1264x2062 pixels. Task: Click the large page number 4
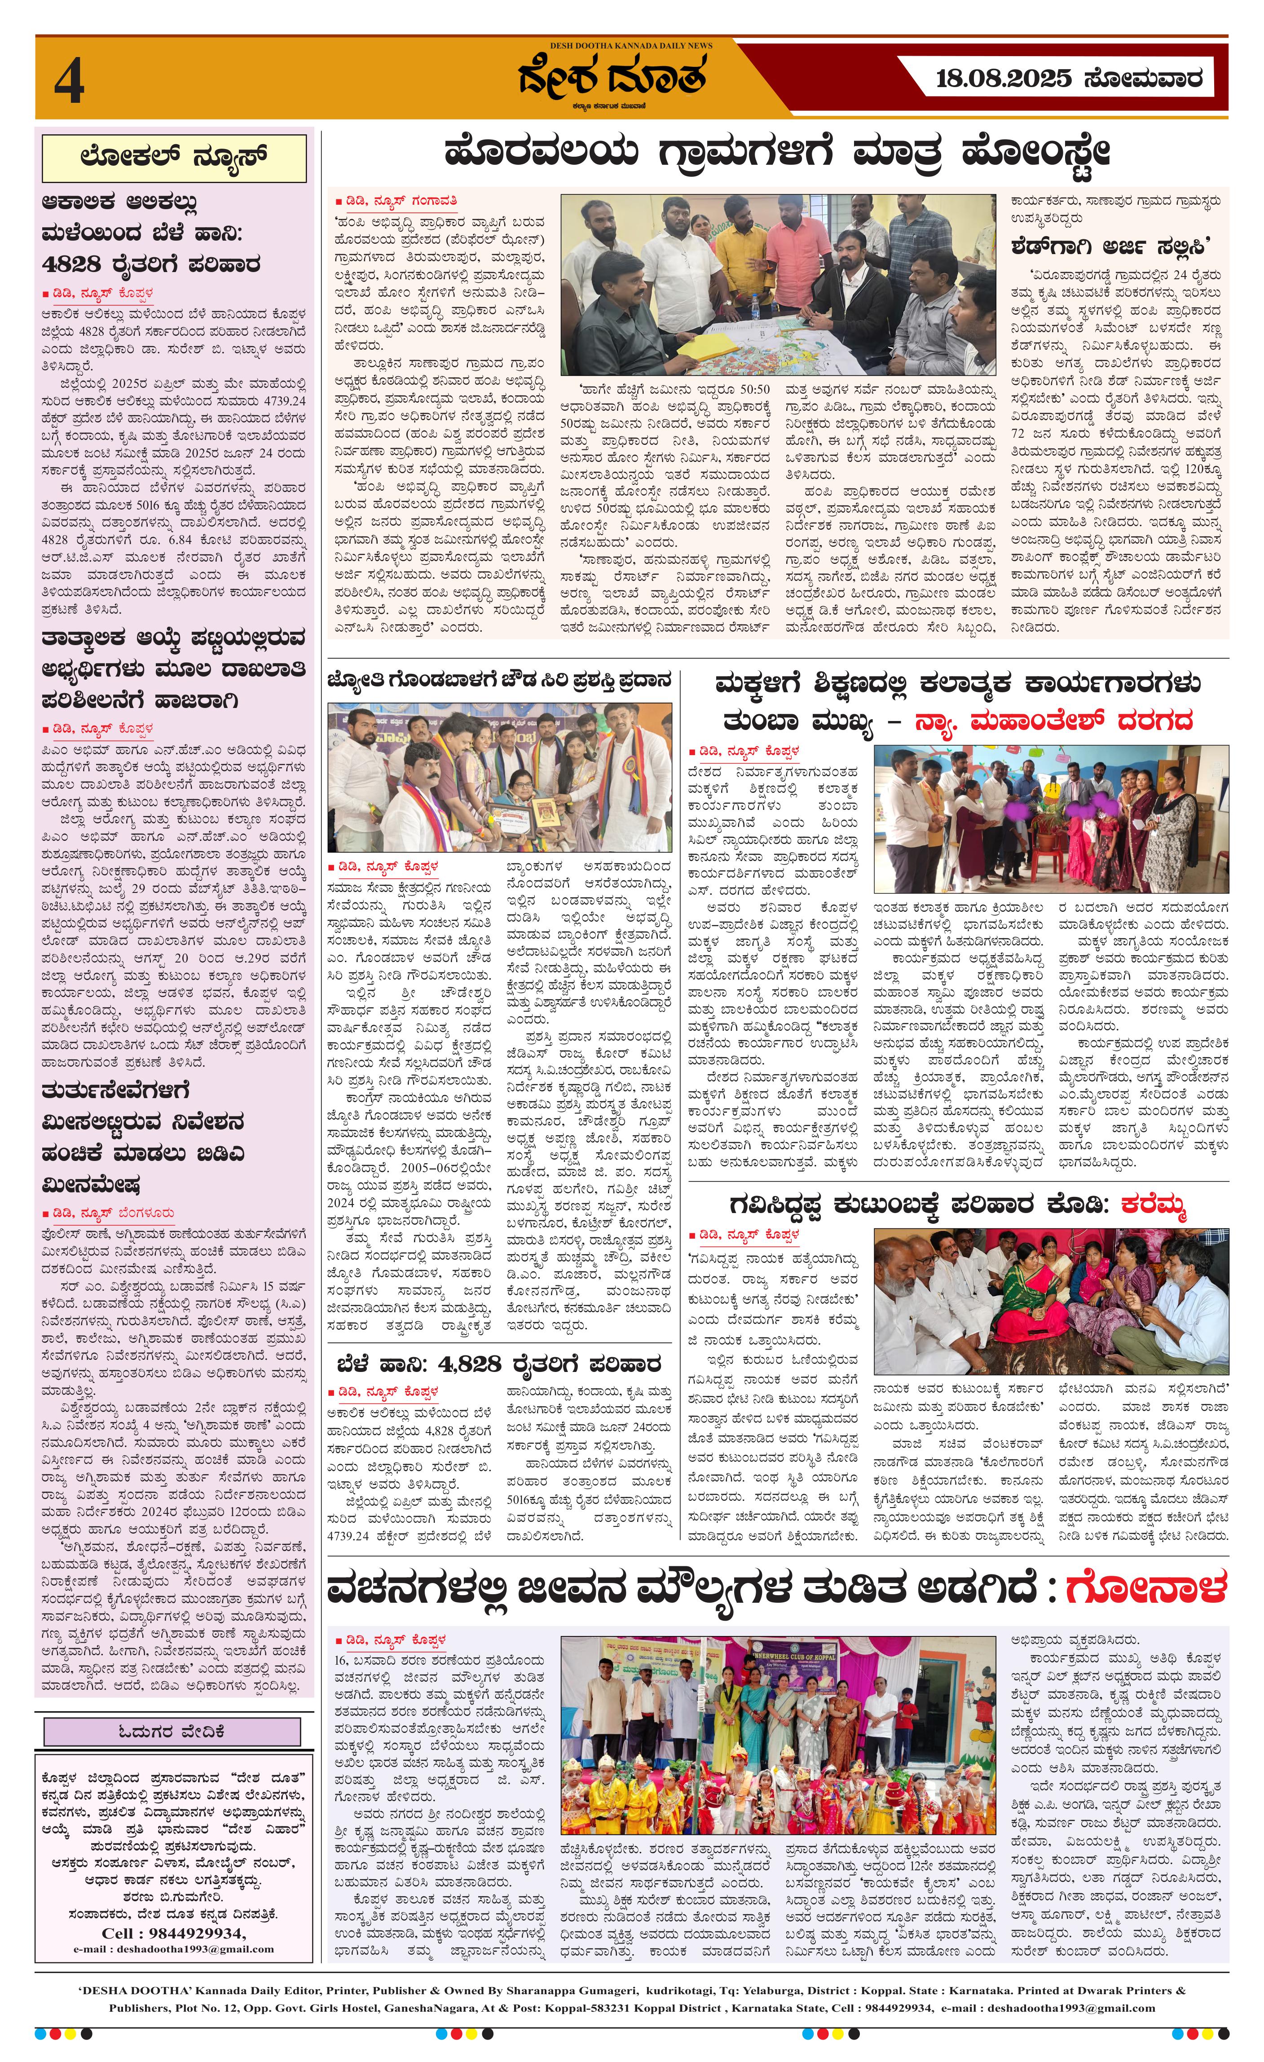(70, 83)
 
